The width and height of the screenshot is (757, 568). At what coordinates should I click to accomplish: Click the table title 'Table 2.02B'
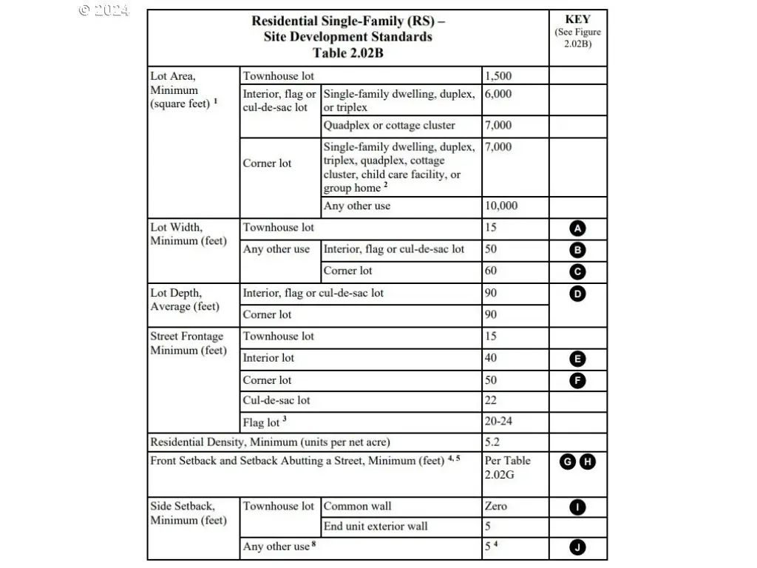347,53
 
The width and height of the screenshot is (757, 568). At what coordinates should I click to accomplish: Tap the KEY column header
577,20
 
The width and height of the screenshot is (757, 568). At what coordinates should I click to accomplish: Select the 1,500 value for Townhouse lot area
498,76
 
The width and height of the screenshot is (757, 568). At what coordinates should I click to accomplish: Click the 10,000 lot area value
501,206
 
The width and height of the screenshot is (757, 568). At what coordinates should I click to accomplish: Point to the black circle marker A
578,229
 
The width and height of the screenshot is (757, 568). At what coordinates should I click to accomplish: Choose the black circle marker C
578,271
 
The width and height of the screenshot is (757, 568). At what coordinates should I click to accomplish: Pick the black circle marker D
578,294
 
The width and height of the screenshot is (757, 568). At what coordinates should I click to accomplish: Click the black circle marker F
578,381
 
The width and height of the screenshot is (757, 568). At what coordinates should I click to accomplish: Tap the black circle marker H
588,461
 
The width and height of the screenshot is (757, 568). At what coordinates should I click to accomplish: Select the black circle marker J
578,547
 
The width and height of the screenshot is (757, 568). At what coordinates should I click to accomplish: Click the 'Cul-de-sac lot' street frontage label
276,401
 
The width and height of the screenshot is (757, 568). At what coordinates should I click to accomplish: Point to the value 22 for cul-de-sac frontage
491,401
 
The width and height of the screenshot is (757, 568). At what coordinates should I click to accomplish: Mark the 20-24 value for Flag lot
499,422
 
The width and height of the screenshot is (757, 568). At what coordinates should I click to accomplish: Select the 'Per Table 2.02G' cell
507,467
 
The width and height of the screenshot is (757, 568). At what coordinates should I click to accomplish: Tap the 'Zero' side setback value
496,507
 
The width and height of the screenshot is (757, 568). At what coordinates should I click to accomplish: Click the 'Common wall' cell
357,507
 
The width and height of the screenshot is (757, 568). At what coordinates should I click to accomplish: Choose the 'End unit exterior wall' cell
376,527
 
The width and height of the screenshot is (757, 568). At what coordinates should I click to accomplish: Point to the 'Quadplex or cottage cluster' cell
389,126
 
